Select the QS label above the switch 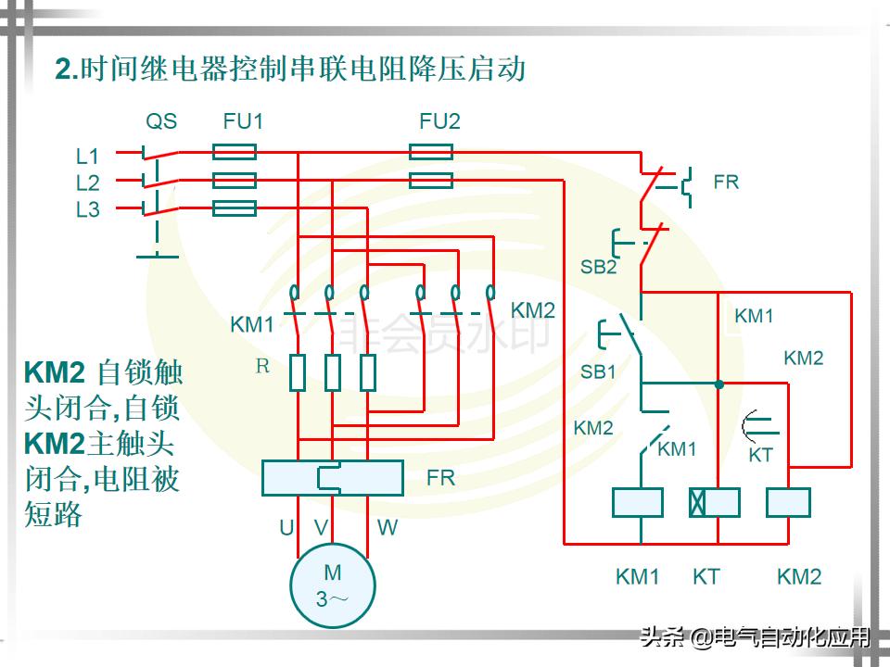tap(161, 121)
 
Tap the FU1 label tap(243, 121)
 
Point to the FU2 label tap(439, 121)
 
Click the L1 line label tap(87, 157)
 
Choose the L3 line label tap(87, 210)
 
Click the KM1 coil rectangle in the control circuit tap(637, 502)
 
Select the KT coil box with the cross tap(714, 502)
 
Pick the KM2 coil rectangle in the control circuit tap(788, 502)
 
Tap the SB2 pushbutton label tap(599, 267)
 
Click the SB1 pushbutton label tap(599, 371)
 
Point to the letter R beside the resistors tap(262, 366)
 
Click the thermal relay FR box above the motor tap(332, 477)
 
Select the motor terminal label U tap(286, 528)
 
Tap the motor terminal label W tap(388, 528)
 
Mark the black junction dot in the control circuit tap(718, 382)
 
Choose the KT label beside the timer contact tap(760, 455)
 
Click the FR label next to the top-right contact tap(726, 182)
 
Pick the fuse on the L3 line tap(235, 208)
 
